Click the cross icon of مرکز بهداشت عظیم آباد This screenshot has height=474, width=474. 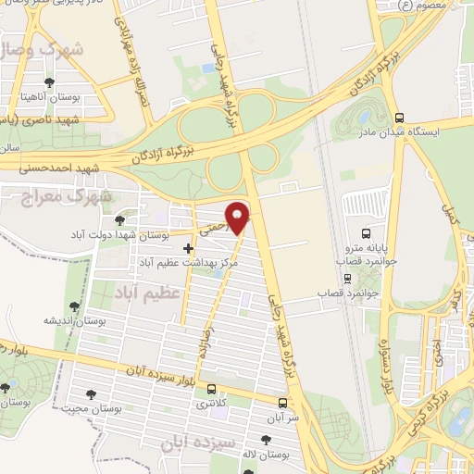pos(189,248)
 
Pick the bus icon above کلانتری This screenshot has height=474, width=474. pos(213,389)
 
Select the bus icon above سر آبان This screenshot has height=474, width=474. pos(282,403)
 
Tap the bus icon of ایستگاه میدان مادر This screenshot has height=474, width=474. pos(399,118)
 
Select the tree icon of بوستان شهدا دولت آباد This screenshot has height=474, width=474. pos(119,219)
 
